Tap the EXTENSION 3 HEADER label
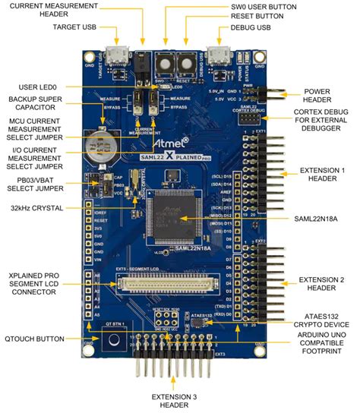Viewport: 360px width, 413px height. tap(178, 401)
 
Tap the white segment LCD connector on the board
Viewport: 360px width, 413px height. tap(175, 286)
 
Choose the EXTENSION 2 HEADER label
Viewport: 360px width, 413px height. tap(318, 283)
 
